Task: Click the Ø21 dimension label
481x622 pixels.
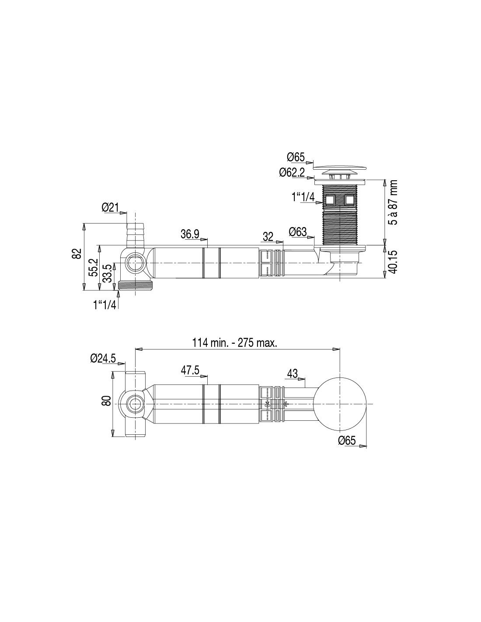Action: [110, 207]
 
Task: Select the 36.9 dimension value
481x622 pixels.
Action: [190, 234]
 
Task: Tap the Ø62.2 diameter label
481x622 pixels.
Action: [292, 173]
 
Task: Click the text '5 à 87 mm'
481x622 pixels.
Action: [394, 202]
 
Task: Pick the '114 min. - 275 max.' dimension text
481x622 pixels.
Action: [235, 342]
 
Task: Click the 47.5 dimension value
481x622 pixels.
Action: [190, 370]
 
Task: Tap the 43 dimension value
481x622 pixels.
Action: [292, 374]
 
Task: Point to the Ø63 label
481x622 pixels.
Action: [298, 231]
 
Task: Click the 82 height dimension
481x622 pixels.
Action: [77, 254]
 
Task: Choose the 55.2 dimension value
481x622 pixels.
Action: [93, 267]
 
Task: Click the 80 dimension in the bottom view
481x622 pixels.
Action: [106, 400]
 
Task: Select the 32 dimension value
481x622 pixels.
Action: [268, 237]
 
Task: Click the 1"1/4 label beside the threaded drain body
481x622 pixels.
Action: [303, 197]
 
